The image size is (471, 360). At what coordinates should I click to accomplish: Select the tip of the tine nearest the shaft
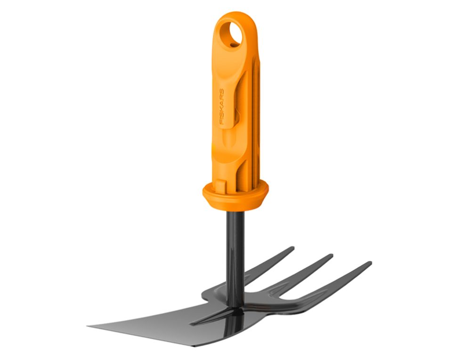pyautogui.click(x=292, y=248)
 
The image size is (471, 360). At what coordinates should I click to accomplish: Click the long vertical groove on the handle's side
pyautogui.click(x=254, y=123)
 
